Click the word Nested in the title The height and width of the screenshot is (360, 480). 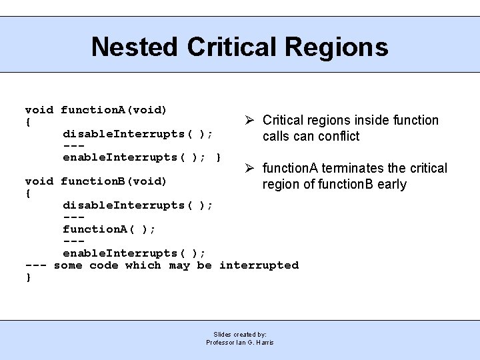click(135, 47)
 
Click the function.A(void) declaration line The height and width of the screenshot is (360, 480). click(96, 109)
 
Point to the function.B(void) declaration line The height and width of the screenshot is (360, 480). click(96, 181)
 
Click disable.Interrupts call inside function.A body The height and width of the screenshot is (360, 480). click(137, 133)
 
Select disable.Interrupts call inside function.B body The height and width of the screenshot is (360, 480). click(137, 205)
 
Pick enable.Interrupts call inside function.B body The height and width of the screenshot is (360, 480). click(134, 253)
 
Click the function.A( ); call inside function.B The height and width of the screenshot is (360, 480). click(109, 229)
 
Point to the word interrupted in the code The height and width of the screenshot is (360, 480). click(259, 265)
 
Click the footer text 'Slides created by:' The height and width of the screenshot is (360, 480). click(240, 334)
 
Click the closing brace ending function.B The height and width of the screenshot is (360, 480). click(28, 277)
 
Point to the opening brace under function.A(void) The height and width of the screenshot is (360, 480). click(28, 122)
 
